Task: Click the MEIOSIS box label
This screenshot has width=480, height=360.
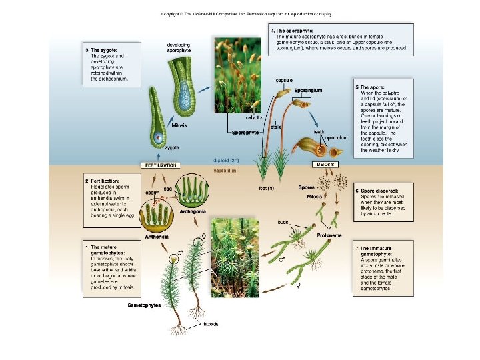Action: tap(323, 164)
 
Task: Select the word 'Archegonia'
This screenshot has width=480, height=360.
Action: tap(193, 210)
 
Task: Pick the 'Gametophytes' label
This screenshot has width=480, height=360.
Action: tap(143, 305)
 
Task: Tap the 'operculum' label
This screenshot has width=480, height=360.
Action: tap(337, 137)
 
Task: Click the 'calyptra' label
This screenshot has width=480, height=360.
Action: tap(254, 117)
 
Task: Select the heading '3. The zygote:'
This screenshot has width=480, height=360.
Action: tap(103, 49)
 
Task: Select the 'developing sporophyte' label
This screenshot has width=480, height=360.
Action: tap(179, 47)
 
